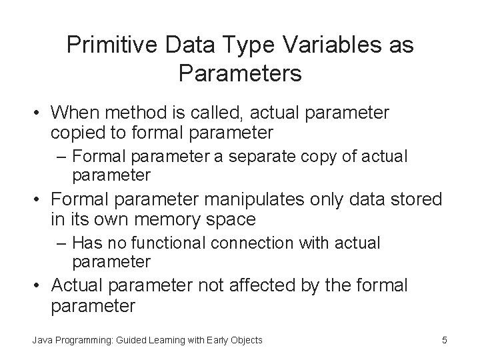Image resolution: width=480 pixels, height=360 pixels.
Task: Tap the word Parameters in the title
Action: [240, 73]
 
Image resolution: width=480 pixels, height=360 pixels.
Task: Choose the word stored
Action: [415, 199]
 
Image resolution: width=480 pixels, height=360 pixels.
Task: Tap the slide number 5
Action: [444, 340]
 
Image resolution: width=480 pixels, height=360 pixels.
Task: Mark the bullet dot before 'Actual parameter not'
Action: [39, 287]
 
